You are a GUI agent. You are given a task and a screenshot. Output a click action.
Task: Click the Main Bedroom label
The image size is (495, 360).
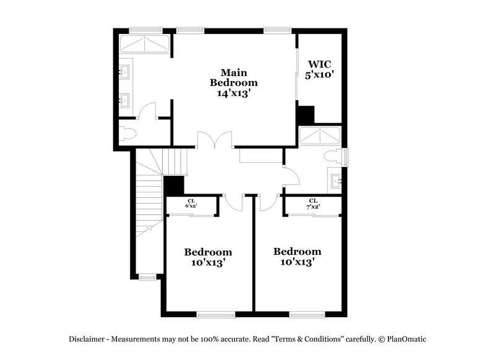[x=233, y=76]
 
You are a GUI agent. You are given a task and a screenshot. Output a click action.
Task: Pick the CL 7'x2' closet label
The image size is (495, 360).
[x=312, y=203]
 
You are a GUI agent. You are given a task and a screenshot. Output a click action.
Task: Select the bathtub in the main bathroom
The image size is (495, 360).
[x=144, y=44]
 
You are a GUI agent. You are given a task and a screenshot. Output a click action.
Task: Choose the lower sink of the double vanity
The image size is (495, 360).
[x=124, y=100]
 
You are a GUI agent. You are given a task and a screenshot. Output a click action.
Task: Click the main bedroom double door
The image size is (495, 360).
[x=215, y=140]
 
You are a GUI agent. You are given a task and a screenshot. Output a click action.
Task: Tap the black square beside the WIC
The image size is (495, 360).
[x=305, y=115]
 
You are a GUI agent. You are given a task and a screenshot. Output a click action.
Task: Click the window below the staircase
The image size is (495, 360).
[x=147, y=276]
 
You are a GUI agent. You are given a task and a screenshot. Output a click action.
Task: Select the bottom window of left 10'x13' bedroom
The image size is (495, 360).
[x=215, y=315]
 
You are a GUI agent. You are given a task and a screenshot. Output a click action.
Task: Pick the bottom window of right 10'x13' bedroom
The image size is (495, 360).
[x=307, y=315]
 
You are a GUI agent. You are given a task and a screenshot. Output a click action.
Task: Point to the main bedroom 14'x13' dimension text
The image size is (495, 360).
[x=233, y=93]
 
